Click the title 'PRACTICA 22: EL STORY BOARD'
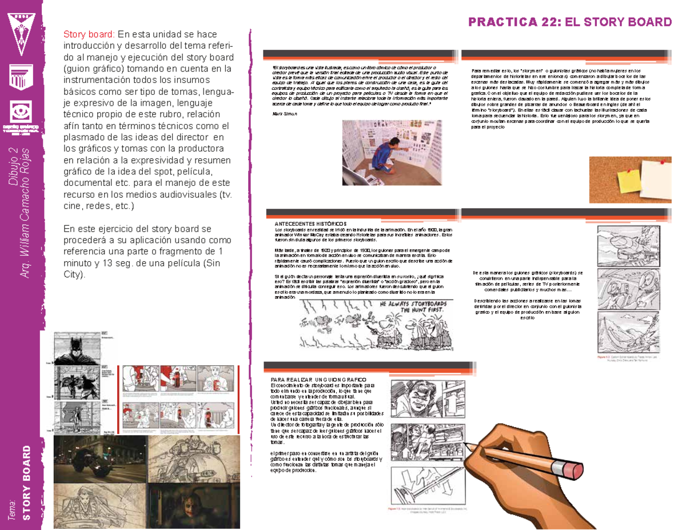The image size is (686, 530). tap(570, 22)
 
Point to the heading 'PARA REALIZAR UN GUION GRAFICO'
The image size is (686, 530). tap(319, 380)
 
